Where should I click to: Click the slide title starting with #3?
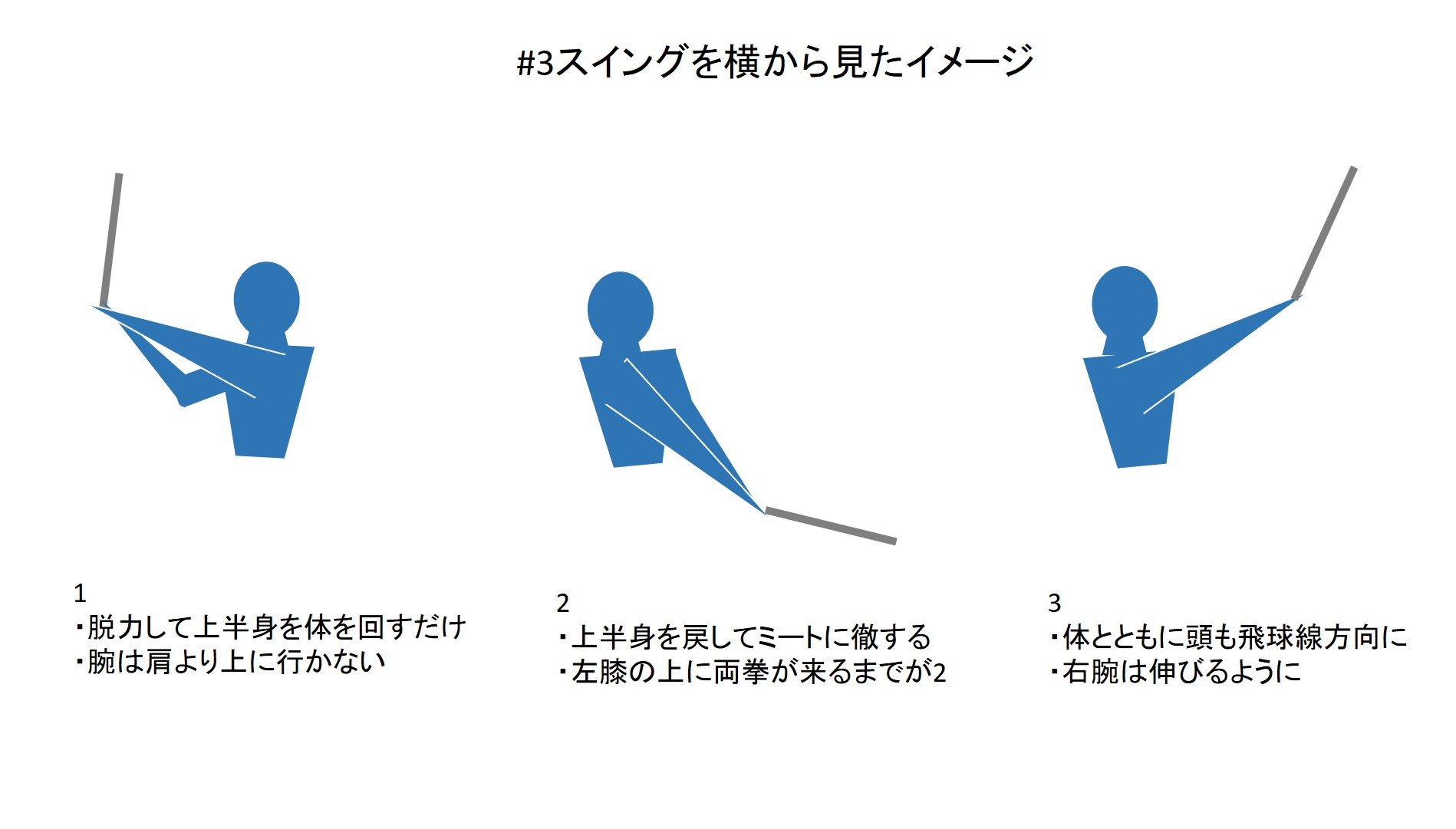776,61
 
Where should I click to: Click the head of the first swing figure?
266,300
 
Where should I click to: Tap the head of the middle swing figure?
620,309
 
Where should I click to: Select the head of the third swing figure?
1125,303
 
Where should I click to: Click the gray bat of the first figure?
111,239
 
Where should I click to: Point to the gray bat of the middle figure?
831,525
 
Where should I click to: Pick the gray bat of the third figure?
1324,232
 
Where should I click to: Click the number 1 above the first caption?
80,593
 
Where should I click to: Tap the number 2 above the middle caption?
563,604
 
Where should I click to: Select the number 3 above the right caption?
1055,604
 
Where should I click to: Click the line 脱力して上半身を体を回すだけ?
270,627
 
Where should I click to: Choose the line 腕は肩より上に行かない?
229,661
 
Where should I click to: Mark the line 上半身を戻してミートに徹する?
744,637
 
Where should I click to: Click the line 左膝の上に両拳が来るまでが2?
752,672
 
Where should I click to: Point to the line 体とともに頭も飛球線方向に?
1228,637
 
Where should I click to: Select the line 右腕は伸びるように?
1175,672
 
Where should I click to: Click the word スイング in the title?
621,62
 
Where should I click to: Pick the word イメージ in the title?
971,62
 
